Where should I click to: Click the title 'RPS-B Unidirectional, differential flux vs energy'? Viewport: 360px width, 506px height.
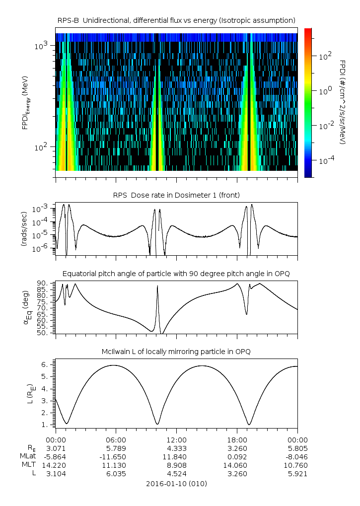176,20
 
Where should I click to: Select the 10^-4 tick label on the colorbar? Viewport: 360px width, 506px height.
326,161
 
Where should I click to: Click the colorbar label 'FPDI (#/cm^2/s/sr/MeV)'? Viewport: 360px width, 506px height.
342,102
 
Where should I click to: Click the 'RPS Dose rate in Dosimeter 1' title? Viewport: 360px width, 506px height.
176,194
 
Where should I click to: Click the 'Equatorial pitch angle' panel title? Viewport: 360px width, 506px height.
176,274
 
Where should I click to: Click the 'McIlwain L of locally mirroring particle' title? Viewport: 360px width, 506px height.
176,352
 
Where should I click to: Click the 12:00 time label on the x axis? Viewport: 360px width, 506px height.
176,439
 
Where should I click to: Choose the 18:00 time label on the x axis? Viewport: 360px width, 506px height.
237,439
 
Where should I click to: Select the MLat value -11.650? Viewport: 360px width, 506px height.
116,457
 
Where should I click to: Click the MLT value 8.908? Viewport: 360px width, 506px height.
176,465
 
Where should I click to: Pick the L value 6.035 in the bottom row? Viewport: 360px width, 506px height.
116,474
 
